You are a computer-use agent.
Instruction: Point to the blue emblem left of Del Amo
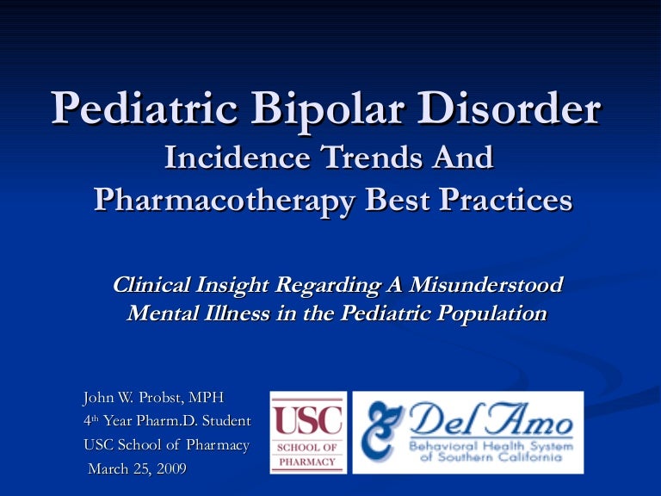[x=379, y=431]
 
